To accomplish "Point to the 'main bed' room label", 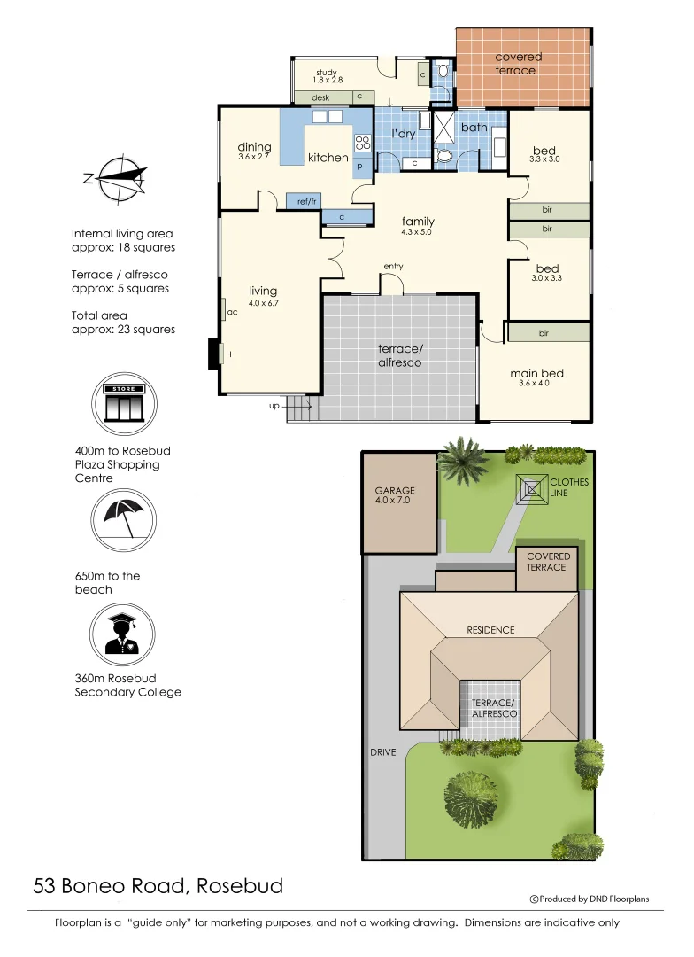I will pos(536,373).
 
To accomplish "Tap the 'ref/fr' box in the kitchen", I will pos(307,202).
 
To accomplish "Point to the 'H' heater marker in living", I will pos(228,354).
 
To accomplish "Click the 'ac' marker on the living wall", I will pos(232,312).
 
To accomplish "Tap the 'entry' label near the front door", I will pos(393,266).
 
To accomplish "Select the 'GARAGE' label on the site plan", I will pos(395,491).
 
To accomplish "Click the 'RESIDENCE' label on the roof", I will pos(490,630).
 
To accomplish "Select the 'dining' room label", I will pos(254,148).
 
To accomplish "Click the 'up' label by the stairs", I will pos(274,406).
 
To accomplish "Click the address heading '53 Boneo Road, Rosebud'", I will pos(158,885).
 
